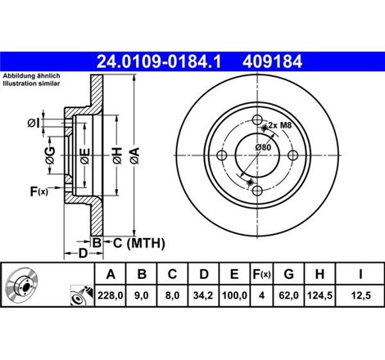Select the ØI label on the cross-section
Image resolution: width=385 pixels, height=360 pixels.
coord(33,123)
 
